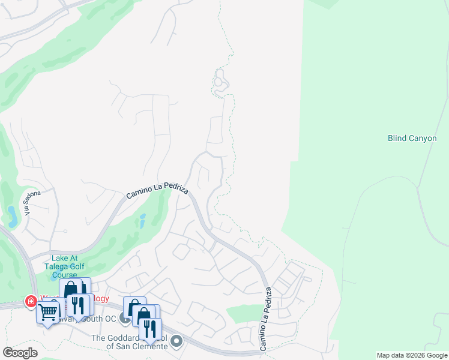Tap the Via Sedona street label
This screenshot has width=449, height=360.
click(33, 203)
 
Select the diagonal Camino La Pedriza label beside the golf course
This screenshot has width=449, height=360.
click(157, 193)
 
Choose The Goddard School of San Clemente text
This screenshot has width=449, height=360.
click(128, 342)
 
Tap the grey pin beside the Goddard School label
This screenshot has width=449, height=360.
click(176, 341)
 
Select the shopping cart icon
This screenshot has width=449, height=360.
click(47, 311)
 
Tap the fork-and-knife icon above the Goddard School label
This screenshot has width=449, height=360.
click(149, 328)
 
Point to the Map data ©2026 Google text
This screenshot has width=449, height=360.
click(412, 355)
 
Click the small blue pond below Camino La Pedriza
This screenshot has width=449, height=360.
click(142, 220)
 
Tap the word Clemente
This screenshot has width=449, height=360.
click(148, 346)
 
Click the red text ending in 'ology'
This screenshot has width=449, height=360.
click(100, 298)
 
